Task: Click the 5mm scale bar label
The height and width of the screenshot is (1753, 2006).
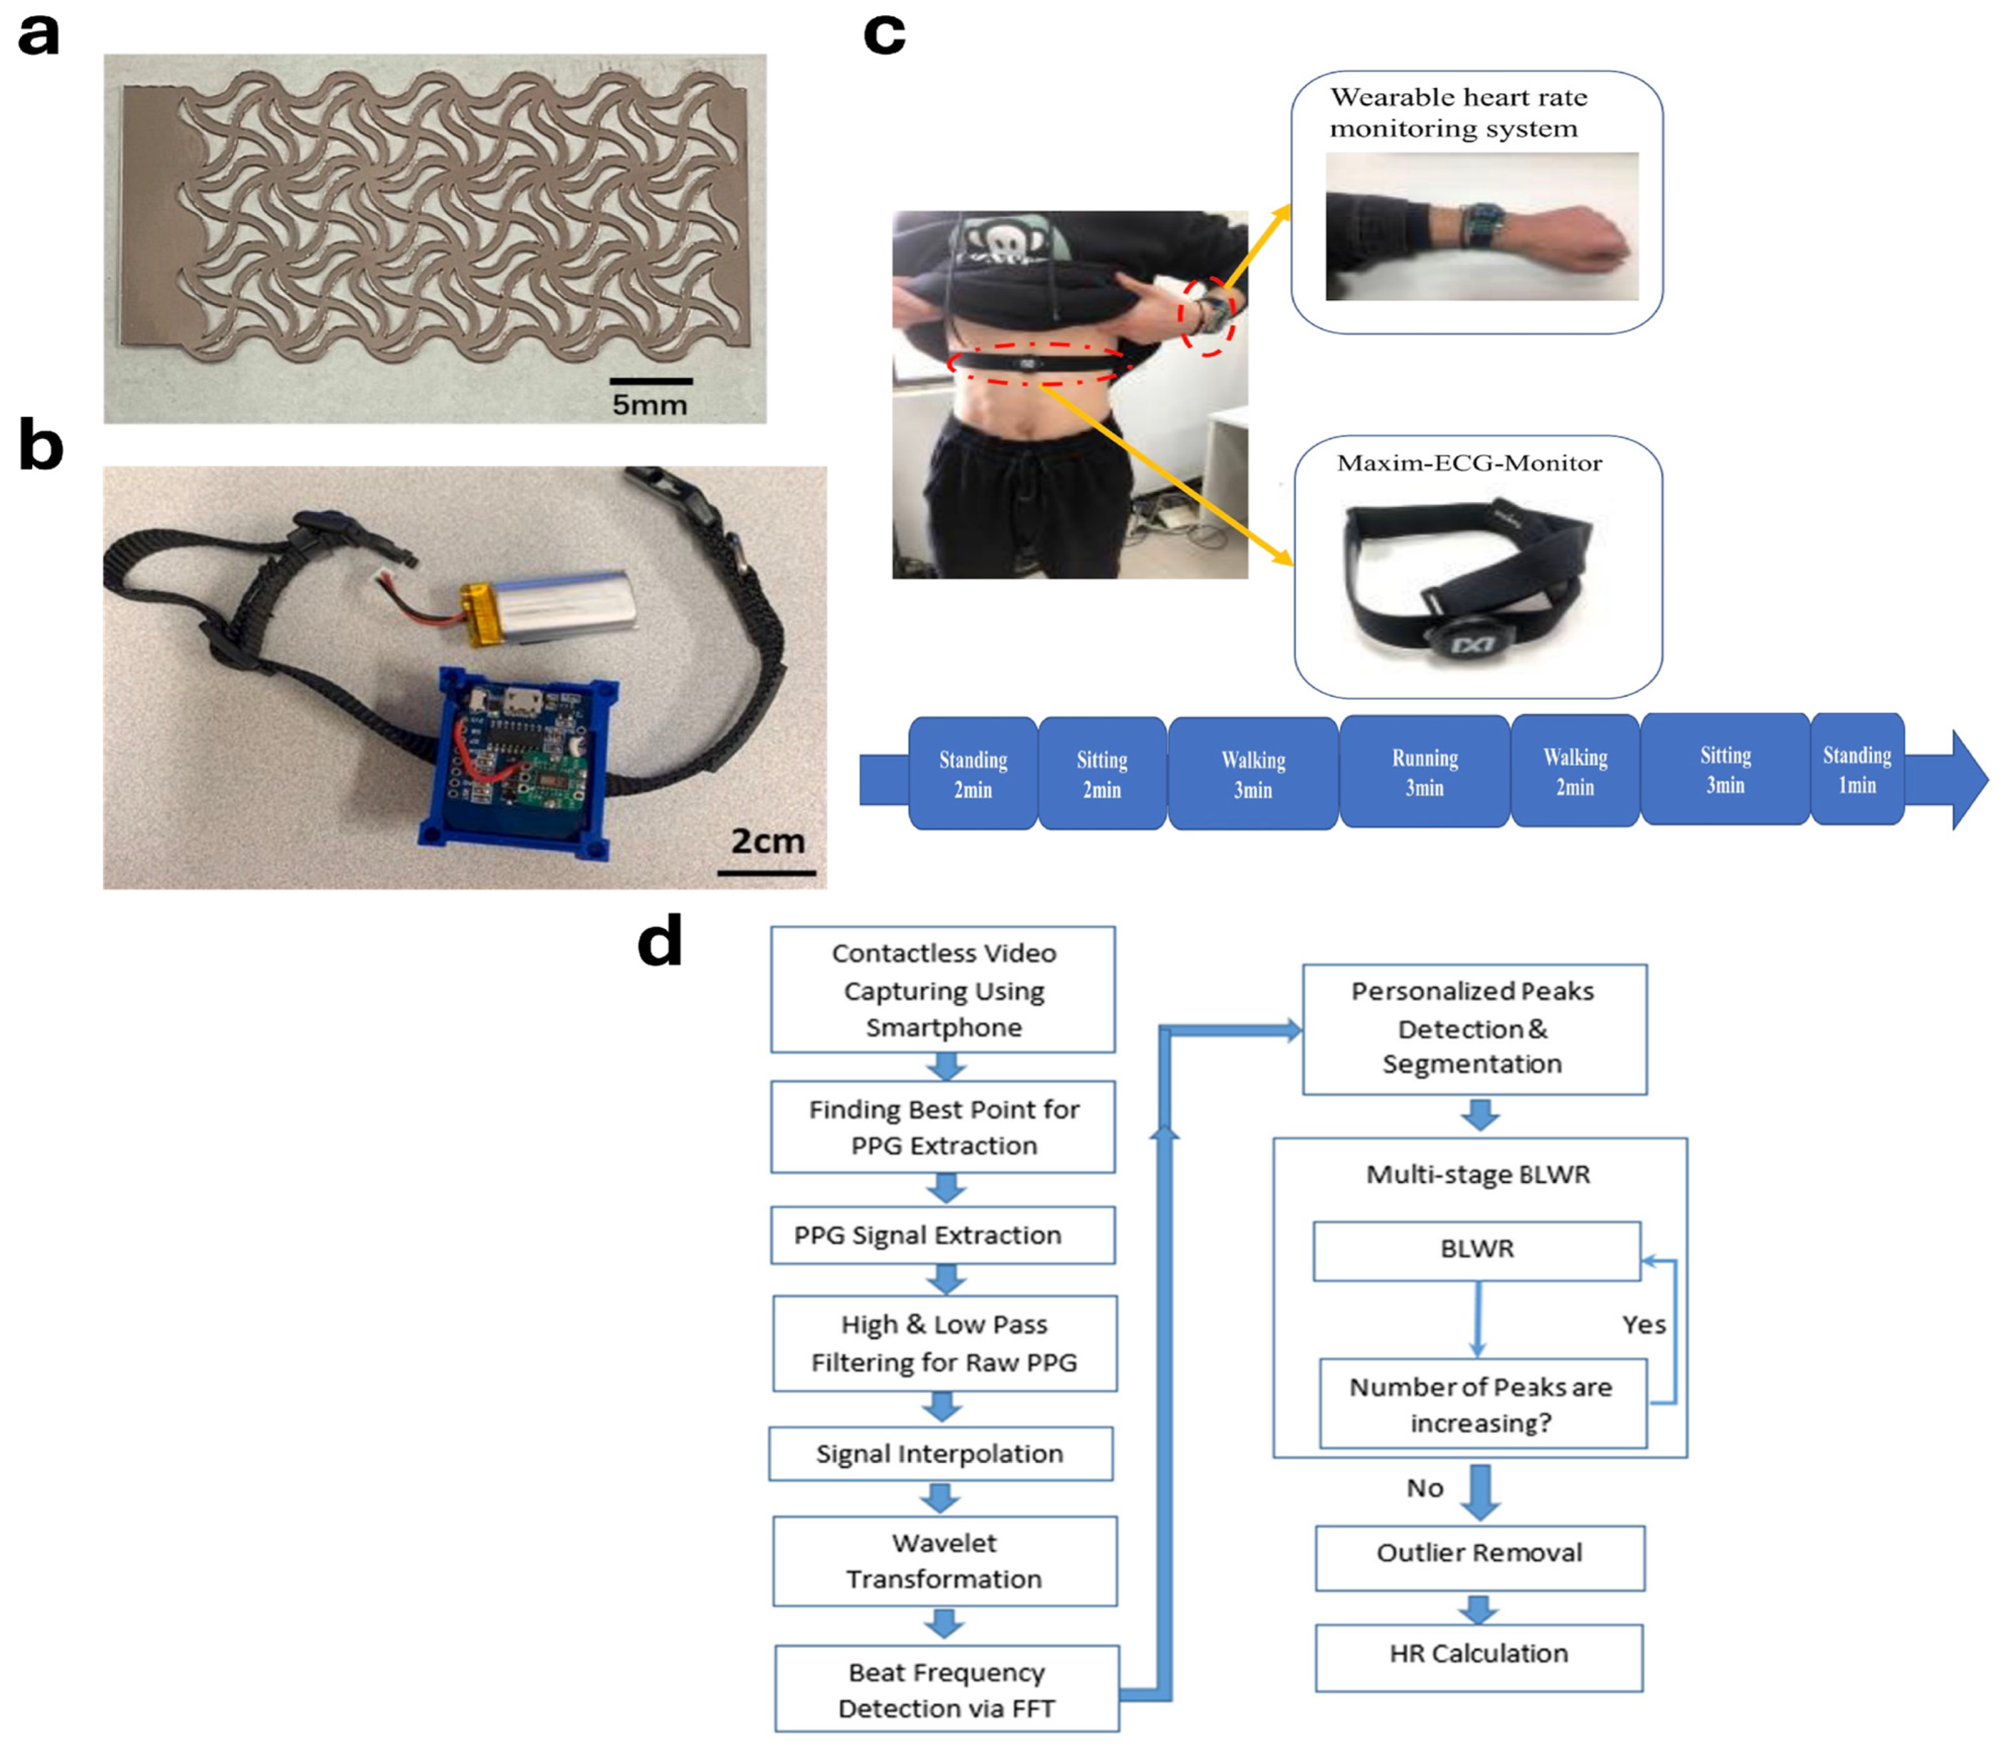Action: pyautogui.click(x=649, y=404)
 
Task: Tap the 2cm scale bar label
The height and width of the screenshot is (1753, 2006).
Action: pyautogui.click(x=768, y=841)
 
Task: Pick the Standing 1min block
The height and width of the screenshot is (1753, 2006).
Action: pyautogui.click(x=1857, y=770)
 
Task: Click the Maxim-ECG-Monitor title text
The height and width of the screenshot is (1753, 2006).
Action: pyautogui.click(x=1469, y=463)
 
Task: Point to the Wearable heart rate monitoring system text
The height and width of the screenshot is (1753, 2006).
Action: pyautogui.click(x=1458, y=112)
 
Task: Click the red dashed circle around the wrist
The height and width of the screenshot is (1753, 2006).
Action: pyautogui.click(x=1207, y=316)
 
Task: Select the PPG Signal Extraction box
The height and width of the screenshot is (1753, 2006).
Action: pyautogui.click(x=942, y=1235)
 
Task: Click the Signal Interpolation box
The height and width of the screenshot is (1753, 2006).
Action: pyautogui.click(x=940, y=1453)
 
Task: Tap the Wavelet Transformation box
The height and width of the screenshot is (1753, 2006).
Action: pyautogui.click(x=944, y=1561)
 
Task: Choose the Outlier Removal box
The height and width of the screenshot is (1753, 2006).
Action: pyautogui.click(x=1479, y=1554)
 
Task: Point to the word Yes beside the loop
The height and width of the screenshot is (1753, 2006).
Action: pyautogui.click(x=1643, y=1325)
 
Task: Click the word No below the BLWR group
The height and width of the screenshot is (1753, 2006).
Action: pyautogui.click(x=1425, y=1488)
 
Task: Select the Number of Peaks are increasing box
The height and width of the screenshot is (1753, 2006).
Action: pyautogui.click(x=1481, y=1405)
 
